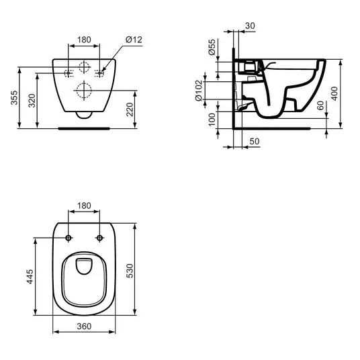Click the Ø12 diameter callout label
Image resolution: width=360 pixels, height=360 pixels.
[134, 40]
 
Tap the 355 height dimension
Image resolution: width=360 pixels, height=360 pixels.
[14, 97]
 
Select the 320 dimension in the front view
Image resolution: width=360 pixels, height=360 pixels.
[32, 101]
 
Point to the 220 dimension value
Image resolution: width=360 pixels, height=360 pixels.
[130, 109]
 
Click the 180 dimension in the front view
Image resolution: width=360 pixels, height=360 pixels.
[84, 40]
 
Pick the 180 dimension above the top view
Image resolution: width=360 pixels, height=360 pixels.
[84, 206]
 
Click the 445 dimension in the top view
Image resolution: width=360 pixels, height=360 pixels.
[30, 277]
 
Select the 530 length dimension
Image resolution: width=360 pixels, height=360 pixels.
[130, 271]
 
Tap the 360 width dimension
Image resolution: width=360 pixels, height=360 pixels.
[84, 326]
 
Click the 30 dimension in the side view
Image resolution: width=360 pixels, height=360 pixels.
[250, 26]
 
